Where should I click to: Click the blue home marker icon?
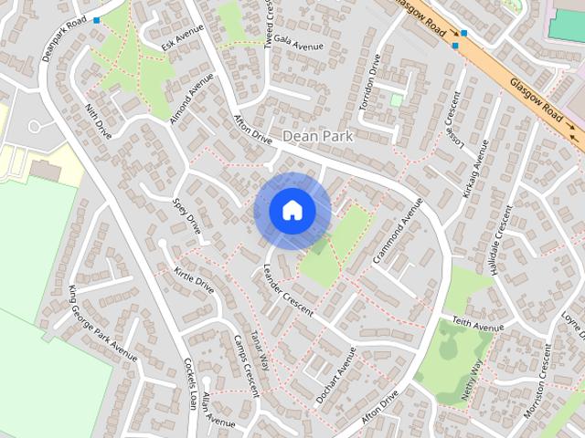click(x=292, y=211)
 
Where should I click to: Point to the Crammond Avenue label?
click(x=399, y=232)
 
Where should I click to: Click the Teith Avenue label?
click(x=478, y=324)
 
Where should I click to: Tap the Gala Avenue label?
click(x=298, y=46)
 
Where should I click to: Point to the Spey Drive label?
click(x=186, y=212)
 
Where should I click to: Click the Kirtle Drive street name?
click(x=193, y=280)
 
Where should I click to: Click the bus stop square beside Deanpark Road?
click(x=96, y=18)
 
